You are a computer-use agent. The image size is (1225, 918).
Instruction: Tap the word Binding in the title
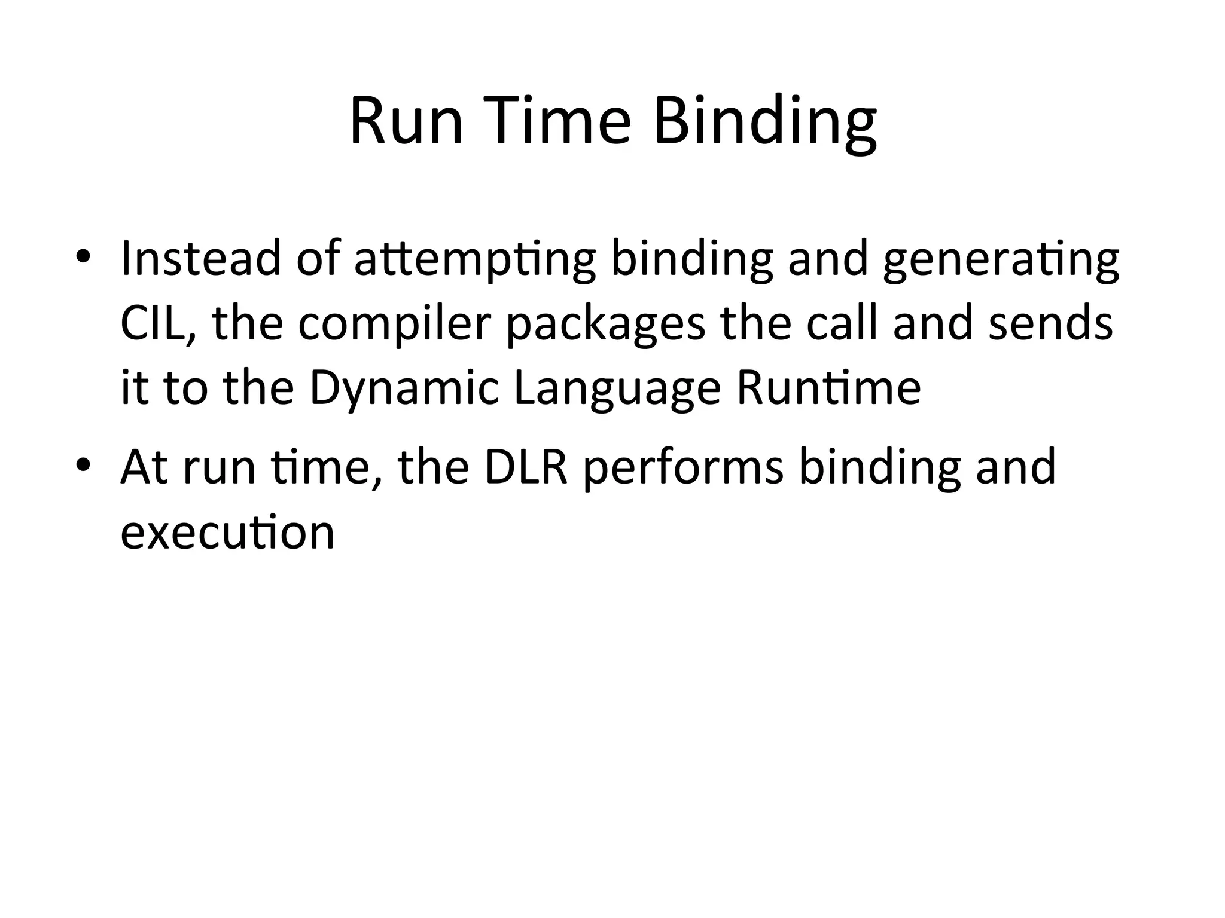pyautogui.click(x=765, y=126)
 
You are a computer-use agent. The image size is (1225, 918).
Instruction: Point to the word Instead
pyautogui.click(x=200, y=258)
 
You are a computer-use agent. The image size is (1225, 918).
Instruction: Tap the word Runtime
pyautogui.click(x=828, y=388)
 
